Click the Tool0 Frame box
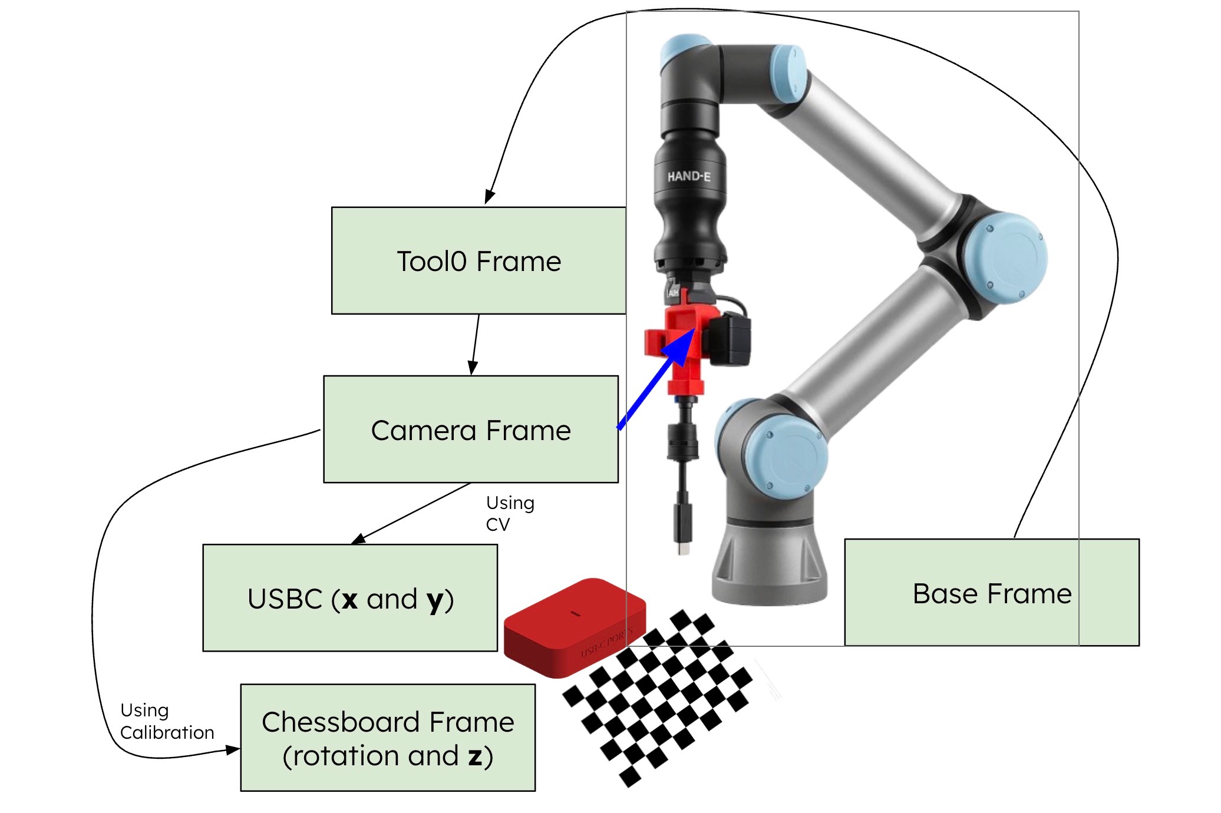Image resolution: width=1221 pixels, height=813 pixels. pos(478,260)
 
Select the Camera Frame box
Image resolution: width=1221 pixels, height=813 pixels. pos(470,429)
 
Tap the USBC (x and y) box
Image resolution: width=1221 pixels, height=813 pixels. pos(350,598)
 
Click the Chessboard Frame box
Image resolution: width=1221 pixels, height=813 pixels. pos(388,738)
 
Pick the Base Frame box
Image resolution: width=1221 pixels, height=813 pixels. pos(991,593)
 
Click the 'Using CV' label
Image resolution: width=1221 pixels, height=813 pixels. pos(509,513)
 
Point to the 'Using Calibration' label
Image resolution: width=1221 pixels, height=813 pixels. pos(166,721)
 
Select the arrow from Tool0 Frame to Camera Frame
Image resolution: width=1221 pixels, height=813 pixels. pos(475,345)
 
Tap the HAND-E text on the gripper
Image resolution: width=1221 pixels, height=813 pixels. pos(688,176)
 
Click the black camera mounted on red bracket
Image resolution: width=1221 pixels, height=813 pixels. pos(730,340)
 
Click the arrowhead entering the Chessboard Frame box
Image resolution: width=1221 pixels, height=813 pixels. pos(233,749)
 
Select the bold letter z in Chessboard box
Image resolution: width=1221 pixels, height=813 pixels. pos(475,756)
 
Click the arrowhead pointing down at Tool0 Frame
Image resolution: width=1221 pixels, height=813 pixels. pos(489,197)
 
